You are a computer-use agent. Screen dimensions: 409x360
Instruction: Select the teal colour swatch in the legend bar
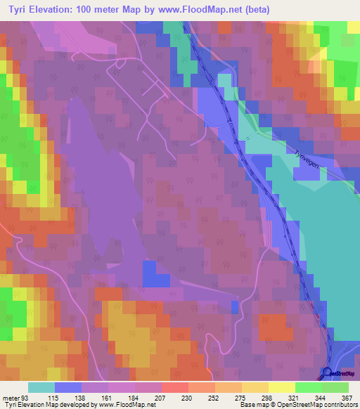[x=41, y=387]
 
